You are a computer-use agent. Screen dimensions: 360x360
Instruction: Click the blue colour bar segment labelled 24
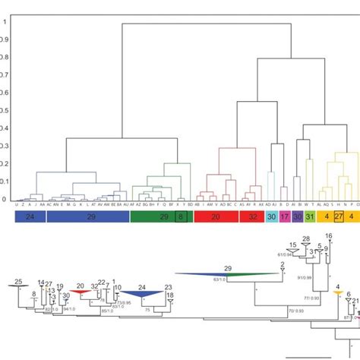30,216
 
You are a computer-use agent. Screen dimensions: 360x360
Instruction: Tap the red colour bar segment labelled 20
216,216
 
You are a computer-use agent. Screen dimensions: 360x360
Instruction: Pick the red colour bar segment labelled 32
251,216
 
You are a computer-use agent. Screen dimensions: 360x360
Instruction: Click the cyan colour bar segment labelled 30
271,216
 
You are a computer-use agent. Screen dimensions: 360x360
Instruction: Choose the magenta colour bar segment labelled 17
284,216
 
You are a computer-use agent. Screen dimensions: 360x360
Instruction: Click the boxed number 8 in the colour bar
180,216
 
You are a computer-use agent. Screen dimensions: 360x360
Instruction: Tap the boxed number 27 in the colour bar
339,216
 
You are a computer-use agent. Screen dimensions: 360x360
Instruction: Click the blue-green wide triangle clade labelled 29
227,274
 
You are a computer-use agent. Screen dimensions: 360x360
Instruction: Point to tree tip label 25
18,281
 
